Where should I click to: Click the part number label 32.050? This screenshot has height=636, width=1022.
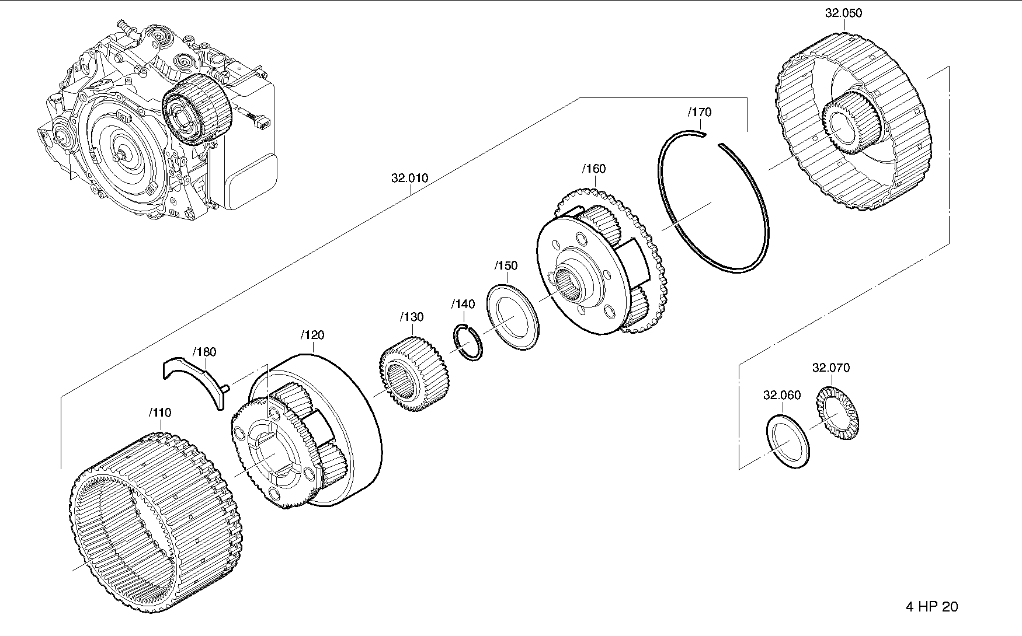[843, 13]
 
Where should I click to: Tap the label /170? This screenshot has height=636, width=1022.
[700, 112]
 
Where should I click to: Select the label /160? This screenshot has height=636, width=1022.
[594, 169]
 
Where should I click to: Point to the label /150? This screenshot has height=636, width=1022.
[506, 265]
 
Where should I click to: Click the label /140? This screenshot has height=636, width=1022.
[463, 304]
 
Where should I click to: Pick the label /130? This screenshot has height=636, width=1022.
[412, 317]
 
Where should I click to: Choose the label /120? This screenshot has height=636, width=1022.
[312, 335]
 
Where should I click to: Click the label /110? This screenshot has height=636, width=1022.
[159, 413]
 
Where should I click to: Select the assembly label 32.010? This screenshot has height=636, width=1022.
[410, 178]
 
